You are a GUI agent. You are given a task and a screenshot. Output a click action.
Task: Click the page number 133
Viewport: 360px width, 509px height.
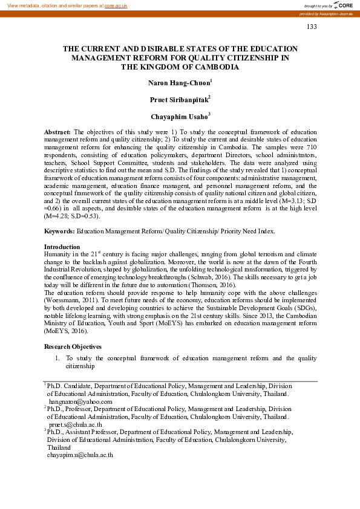[x=312, y=27]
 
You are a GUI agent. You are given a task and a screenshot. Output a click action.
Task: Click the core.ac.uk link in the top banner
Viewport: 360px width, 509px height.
[x=116, y=5]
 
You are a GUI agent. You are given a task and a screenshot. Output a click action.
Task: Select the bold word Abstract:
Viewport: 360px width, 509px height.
[x=57, y=131]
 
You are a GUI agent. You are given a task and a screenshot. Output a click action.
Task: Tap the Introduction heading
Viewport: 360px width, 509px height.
[x=62, y=247]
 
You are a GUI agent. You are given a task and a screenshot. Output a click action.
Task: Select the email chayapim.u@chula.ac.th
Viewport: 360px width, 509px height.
[x=81, y=455]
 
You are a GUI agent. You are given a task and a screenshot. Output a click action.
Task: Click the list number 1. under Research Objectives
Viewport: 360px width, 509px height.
[x=57, y=358]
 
